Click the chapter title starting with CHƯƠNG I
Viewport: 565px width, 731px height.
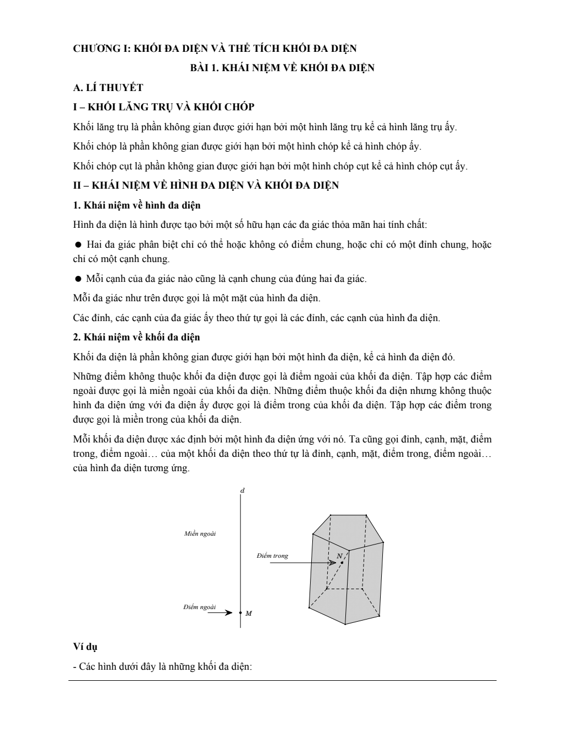(x=215, y=49)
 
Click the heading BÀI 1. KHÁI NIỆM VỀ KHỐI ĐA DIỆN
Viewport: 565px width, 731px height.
(x=282, y=68)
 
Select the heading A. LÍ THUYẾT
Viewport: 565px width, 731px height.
(x=108, y=87)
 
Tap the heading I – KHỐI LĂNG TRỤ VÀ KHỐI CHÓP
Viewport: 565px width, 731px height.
(x=164, y=107)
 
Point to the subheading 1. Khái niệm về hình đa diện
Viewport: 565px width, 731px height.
(x=137, y=205)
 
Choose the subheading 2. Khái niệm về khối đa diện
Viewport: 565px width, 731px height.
(x=136, y=337)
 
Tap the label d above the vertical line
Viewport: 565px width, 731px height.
(x=243, y=490)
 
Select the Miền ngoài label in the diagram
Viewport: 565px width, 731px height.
(x=200, y=533)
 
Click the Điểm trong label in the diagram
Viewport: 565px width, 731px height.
(x=272, y=556)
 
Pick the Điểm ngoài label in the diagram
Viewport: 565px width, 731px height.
(x=199, y=607)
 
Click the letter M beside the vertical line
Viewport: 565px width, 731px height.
(x=249, y=613)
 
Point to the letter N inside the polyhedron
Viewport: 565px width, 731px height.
(x=339, y=555)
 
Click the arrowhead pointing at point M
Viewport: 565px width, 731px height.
(x=229, y=612)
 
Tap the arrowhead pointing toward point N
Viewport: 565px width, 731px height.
(x=333, y=563)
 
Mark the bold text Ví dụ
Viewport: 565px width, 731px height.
(x=86, y=647)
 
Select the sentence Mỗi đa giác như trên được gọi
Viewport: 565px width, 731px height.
(x=196, y=298)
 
